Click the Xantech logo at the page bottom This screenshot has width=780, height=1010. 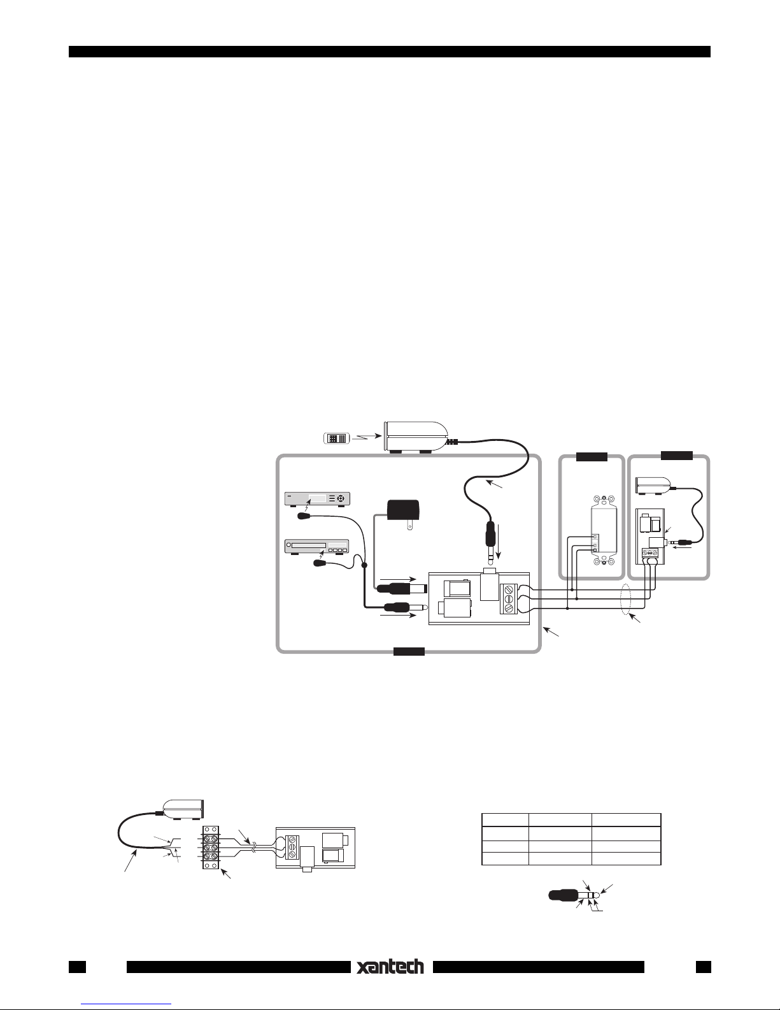pos(391,967)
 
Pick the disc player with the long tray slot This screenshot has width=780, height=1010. pos(317,546)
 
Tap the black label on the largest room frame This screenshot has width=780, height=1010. pos(408,651)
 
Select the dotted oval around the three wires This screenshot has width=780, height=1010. pos(626,599)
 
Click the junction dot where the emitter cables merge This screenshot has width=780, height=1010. pos(365,565)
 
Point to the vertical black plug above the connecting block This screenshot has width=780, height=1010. pos(491,538)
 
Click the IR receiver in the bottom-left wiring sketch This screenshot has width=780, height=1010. pos(183,809)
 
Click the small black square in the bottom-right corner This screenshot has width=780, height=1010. pos(703,967)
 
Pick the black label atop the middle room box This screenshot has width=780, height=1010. pos(591,456)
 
